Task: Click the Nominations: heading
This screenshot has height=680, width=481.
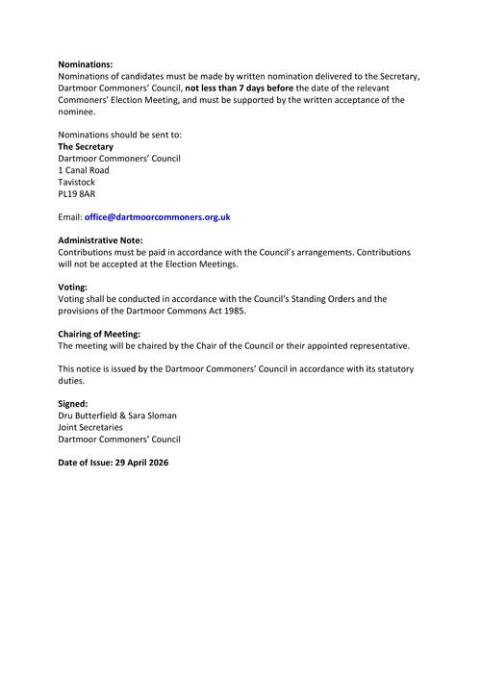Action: pyautogui.click(x=86, y=63)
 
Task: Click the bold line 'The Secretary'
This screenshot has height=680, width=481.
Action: pyautogui.click(x=86, y=146)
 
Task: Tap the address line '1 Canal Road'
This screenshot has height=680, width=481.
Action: pyautogui.click(x=84, y=170)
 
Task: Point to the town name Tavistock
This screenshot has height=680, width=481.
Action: pyautogui.click(x=78, y=182)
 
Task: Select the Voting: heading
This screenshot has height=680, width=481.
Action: pyautogui.click(x=73, y=288)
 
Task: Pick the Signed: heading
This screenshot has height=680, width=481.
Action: pyautogui.click(x=73, y=404)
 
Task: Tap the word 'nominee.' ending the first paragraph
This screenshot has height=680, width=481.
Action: pyautogui.click(x=77, y=111)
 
